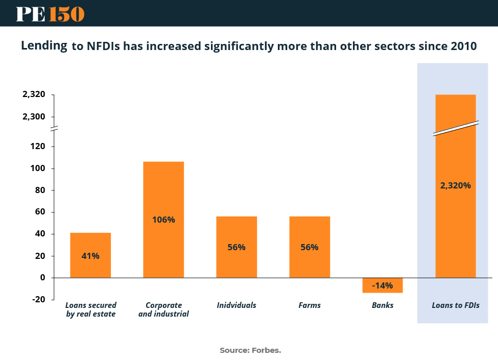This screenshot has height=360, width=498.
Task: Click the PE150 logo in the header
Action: coord(50,14)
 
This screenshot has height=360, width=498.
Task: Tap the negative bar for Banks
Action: coord(383,285)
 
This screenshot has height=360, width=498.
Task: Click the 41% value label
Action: coord(90,256)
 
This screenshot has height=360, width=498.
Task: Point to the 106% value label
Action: coord(163,220)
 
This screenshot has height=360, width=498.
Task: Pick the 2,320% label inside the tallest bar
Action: coord(455,185)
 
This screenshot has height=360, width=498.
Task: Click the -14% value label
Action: coord(383,285)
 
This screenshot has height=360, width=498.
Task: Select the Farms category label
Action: coord(310,305)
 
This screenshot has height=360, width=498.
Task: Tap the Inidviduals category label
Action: coord(236,305)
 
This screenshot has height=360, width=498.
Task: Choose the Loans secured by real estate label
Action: coord(91,309)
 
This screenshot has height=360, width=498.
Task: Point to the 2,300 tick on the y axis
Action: coord(34,116)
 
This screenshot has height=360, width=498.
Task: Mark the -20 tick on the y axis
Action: coord(38,299)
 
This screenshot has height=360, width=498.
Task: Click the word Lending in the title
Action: coord(44,45)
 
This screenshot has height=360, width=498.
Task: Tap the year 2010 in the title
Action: coord(464,46)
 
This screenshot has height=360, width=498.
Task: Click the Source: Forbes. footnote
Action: coord(250,350)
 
